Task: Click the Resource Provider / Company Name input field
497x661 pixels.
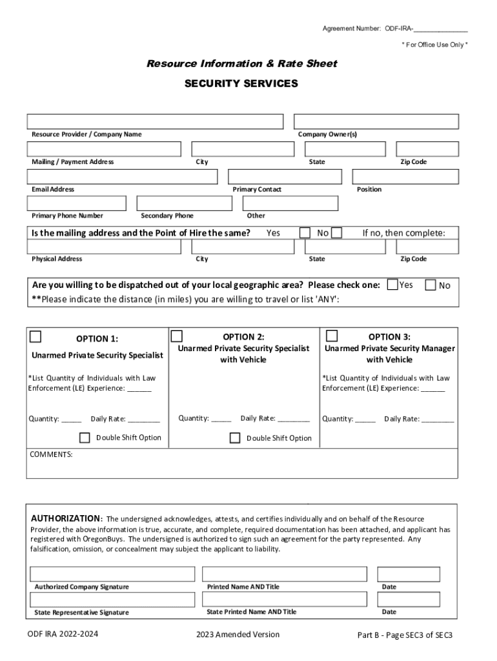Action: pos(155,121)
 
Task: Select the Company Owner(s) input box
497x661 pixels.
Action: pos(376,121)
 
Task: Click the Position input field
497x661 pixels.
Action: pos(405,177)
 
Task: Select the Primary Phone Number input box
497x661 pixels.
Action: pos(79,203)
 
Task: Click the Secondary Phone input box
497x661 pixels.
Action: pos(185,203)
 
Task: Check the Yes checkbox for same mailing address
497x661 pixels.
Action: pos(305,232)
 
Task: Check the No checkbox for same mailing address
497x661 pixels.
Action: pos(336,232)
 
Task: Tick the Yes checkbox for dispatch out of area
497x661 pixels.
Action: pos(392,285)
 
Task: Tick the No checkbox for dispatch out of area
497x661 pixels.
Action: pos(431,285)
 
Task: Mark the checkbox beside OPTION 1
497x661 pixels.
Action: pos(35,336)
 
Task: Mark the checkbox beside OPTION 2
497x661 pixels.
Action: pos(176,336)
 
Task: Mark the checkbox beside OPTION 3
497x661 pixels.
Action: pos(332,336)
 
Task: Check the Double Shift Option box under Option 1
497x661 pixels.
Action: pos(85,438)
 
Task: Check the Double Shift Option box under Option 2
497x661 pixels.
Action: pos(235,438)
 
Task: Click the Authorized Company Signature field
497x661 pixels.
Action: pos(112,574)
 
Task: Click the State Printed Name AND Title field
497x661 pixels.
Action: pos(284,600)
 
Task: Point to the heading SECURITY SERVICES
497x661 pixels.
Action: pos(241,84)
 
